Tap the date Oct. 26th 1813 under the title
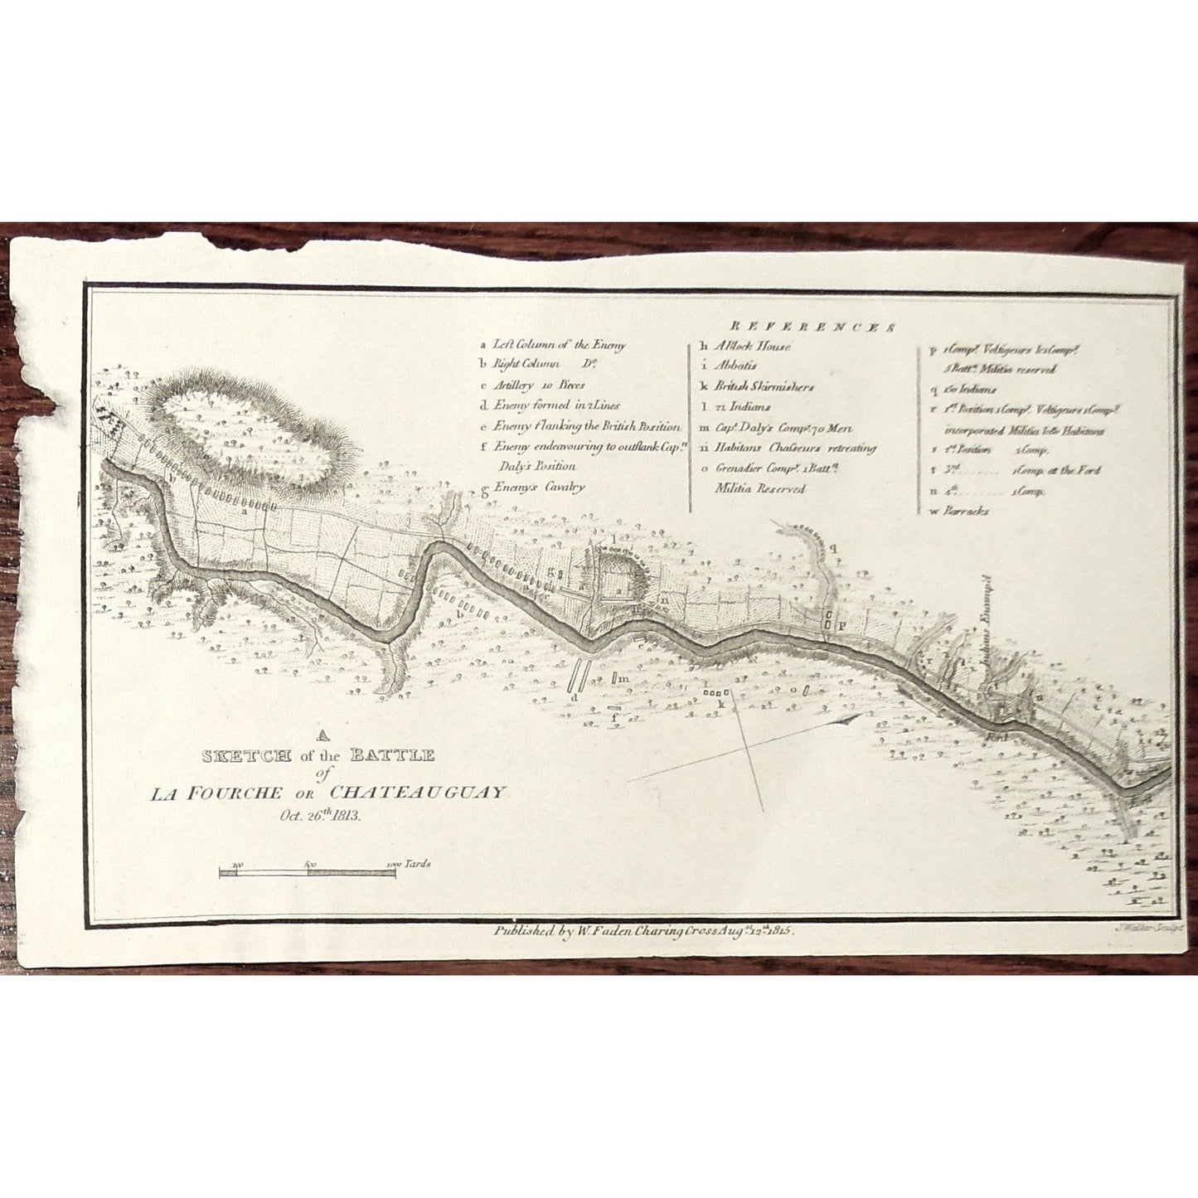tap(319, 814)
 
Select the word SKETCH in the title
tap(246, 755)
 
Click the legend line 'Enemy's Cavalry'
tap(539, 487)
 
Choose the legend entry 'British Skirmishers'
tap(764, 386)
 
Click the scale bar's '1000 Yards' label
tap(409, 864)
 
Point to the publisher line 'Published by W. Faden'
tap(643, 931)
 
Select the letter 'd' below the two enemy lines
tap(574, 698)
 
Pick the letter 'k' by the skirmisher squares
tap(720, 704)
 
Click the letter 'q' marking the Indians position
tap(835, 547)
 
